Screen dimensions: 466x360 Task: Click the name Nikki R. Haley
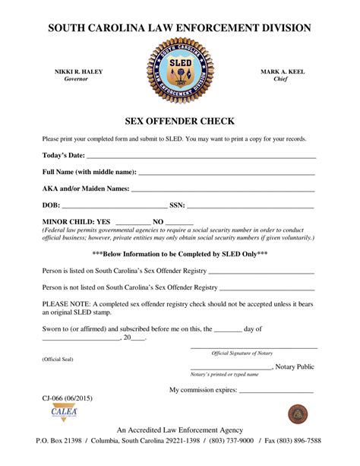[x=78, y=71]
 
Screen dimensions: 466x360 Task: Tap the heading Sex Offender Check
[x=179, y=122]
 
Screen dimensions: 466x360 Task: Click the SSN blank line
[x=251, y=206]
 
